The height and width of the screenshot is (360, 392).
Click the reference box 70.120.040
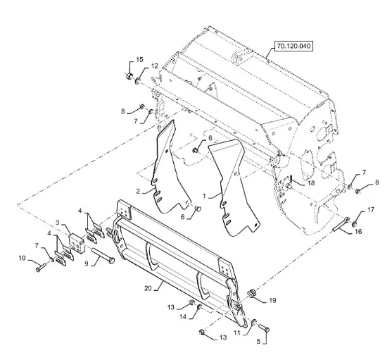pos(293,46)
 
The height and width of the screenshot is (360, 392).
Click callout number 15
pos(139,60)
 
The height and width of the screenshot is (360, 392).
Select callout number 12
pos(155,66)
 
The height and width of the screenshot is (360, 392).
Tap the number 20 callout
pos(148,288)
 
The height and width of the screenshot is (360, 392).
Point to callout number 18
pos(311,183)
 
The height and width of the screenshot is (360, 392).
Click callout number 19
pos(272,300)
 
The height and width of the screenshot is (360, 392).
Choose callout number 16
pos(358,232)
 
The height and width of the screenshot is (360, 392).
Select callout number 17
pos(370,209)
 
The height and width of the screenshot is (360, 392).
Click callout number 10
pos(23,258)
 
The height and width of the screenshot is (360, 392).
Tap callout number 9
pos(87,263)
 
